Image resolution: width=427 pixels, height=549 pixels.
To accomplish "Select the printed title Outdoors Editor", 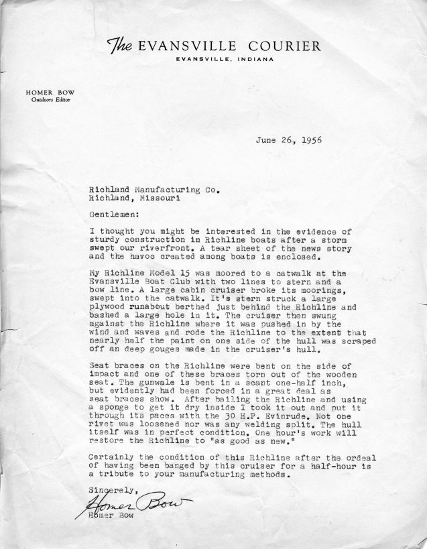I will pos(48,101).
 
